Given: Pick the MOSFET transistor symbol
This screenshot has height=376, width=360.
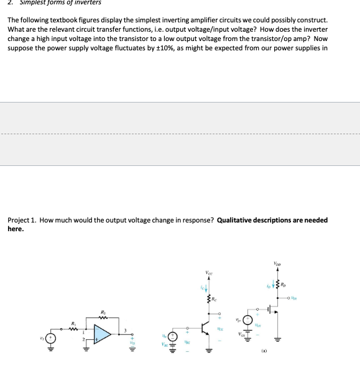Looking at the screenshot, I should click(273, 308).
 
